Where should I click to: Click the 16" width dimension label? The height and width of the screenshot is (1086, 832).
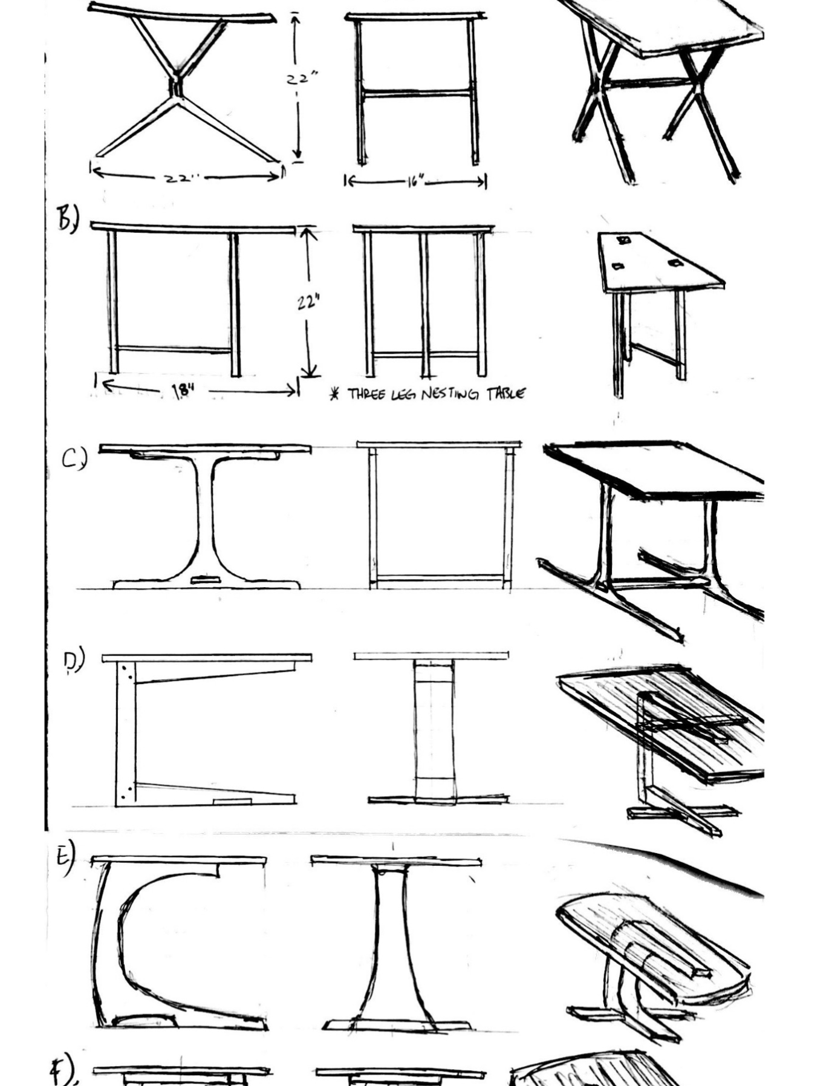click(415, 181)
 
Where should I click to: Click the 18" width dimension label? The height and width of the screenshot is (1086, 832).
click(183, 391)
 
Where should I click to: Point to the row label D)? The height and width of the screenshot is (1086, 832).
click(74, 661)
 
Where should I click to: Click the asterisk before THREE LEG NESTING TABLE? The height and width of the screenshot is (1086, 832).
click(334, 395)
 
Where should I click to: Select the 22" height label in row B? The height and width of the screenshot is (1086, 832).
click(308, 301)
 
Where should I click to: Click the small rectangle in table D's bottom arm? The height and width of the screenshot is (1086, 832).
click(233, 801)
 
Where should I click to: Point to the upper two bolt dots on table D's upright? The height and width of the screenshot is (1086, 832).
click(126, 672)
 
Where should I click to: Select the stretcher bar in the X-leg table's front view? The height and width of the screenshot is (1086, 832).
click(417, 93)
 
